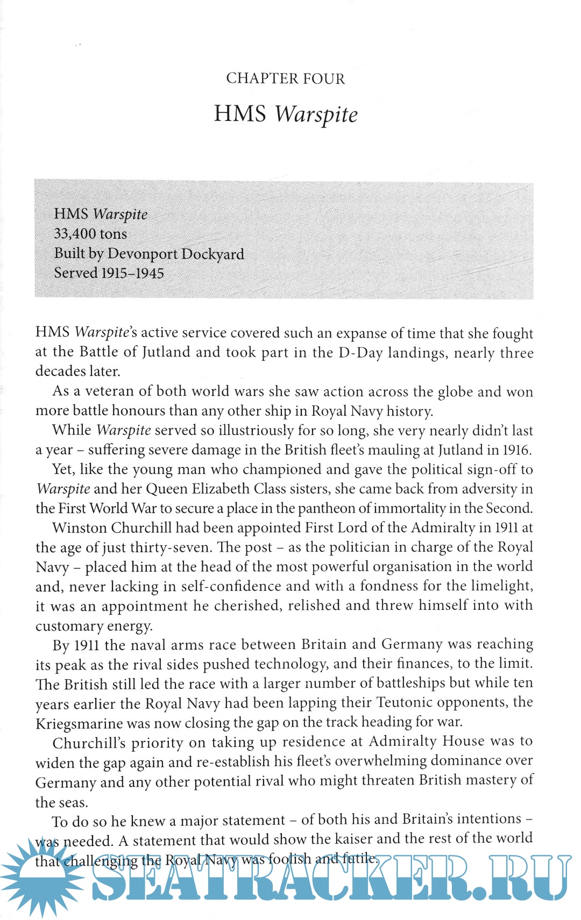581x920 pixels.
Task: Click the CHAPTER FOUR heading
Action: (x=285, y=79)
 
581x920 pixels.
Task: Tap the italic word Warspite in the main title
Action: (x=316, y=114)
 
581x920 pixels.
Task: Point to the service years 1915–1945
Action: (x=132, y=273)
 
